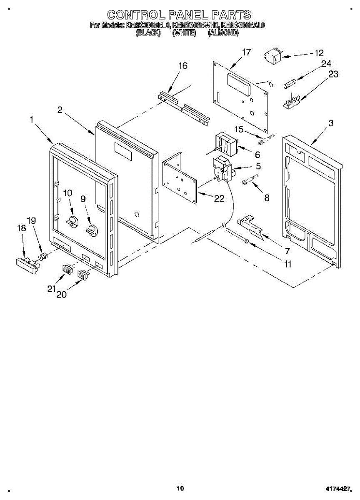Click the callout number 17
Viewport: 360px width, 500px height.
pos(246,52)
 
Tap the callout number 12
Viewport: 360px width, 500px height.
pos(319,53)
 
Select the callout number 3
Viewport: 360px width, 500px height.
pos(331,123)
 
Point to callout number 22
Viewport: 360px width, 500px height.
pos(219,199)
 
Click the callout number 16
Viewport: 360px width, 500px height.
pos(183,66)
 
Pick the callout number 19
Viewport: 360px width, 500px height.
pos(32,220)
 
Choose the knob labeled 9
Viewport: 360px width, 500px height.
pos(91,230)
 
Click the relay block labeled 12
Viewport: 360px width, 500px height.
pos(272,56)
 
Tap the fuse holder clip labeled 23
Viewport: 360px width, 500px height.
pos(292,101)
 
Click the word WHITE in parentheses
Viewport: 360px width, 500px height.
pos(184,33)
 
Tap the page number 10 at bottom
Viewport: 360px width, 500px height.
pos(180,488)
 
